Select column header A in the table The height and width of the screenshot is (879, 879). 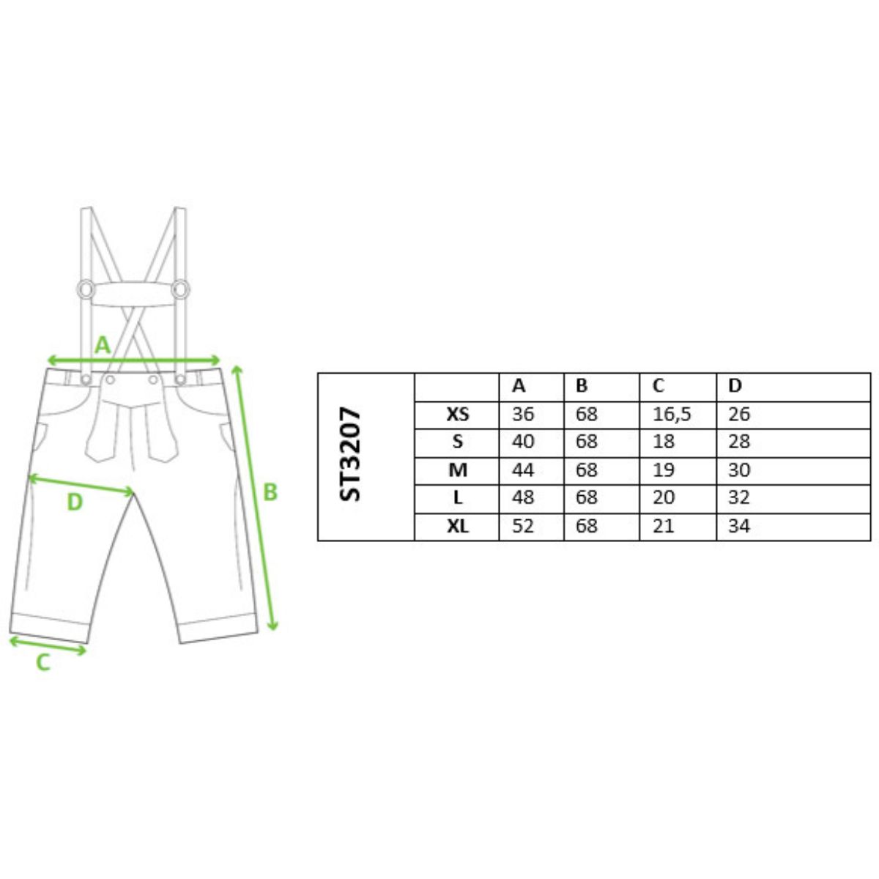tap(519, 386)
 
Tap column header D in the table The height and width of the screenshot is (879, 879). tap(735, 386)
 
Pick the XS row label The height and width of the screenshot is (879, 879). tap(458, 414)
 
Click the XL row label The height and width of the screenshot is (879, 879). tap(458, 527)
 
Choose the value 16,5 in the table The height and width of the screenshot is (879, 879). tap(672, 415)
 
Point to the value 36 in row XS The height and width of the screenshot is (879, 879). tap(523, 414)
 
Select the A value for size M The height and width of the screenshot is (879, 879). tap(523, 470)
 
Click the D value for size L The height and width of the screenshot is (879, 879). tap(739, 497)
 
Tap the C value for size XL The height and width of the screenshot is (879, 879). tap(663, 527)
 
